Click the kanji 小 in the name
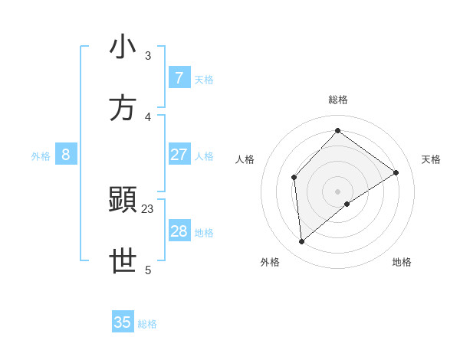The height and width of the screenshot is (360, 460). (x=123, y=47)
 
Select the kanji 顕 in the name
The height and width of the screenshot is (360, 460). (x=123, y=201)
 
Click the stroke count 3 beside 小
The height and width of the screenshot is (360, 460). (x=148, y=56)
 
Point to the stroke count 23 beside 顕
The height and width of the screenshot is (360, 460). (x=148, y=209)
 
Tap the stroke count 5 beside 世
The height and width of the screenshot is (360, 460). (x=148, y=270)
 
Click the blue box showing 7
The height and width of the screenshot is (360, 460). (x=179, y=78)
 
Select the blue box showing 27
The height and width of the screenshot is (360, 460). (x=179, y=155)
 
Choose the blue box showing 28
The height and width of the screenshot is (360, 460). (x=179, y=231)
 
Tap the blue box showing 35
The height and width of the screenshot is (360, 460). (x=123, y=322)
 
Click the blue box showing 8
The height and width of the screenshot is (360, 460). (x=66, y=155)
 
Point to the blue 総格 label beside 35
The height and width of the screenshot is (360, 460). (x=148, y=324)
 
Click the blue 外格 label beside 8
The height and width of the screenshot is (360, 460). (x=41, y=156)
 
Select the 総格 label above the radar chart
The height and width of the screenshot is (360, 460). (x=338, y=100)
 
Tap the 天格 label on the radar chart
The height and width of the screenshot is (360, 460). (x=432, y=159)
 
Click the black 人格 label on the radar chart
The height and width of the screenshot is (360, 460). (x=245, y=159)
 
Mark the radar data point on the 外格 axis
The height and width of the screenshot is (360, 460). (x=302, y=241)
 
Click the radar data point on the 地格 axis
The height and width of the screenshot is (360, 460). (x=347, y=204)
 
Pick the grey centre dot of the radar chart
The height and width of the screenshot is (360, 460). (x=338, y=191)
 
